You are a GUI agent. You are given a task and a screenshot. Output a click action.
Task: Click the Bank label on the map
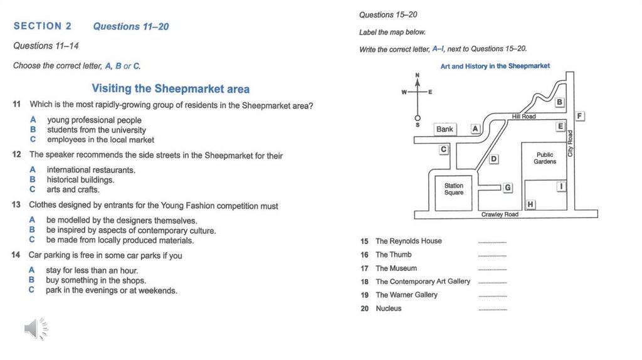pos(445,129)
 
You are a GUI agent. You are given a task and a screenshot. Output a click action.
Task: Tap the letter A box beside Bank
pos(475,129)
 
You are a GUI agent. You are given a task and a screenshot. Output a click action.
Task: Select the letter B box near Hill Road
pos(559,102)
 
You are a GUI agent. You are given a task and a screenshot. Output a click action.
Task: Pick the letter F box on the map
pos(580,116)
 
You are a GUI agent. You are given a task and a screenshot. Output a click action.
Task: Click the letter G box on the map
pos(508,188)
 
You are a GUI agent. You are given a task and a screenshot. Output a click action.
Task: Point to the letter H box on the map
pos(530,204)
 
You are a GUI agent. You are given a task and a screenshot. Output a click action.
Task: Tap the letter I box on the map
pos(561,186)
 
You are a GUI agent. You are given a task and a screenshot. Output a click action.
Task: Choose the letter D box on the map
pos(493,159)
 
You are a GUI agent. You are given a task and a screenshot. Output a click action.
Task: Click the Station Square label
pos(454,189)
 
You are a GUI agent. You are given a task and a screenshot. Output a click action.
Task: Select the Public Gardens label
pos(545,158)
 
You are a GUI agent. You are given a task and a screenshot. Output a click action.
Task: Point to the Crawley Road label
pos(500,214)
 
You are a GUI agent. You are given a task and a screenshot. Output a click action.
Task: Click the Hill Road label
pos(524,117)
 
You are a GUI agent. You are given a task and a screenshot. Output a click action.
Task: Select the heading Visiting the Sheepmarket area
pos(171,88)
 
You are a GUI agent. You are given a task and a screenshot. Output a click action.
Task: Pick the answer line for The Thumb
pos(492,256)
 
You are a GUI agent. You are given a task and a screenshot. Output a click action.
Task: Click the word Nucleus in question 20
pos(389,309)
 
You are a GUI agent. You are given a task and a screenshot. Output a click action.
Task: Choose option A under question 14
pos(31,270)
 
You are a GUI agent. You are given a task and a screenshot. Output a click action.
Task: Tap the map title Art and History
pos(495,66)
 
